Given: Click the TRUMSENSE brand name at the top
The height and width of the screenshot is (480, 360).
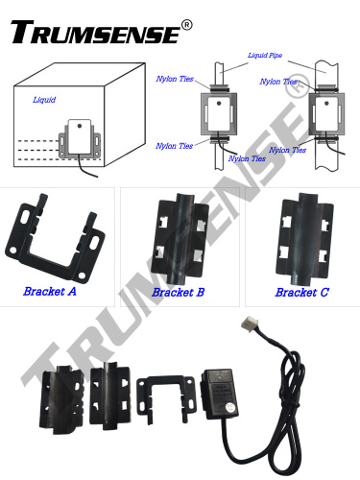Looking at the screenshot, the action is click(93, 31).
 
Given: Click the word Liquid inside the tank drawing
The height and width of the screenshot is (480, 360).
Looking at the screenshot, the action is click(44, 99).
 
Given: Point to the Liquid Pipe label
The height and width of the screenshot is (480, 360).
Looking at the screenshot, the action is click(265, 57).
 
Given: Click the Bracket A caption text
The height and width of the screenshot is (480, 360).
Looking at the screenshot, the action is click(50, 290).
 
